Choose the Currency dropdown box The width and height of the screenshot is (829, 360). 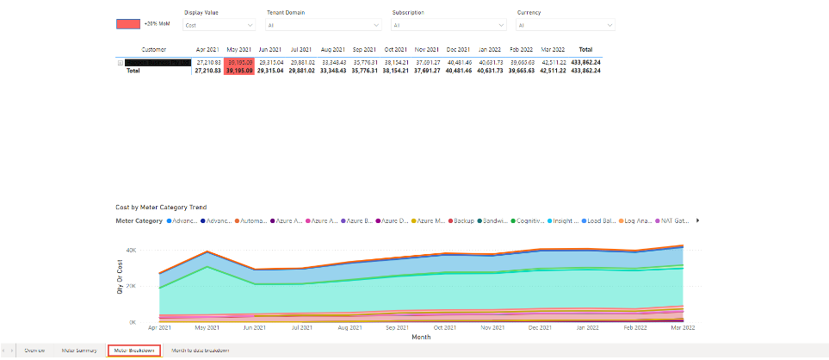(x=565, y=26)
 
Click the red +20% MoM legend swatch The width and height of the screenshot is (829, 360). (x=128, y=24)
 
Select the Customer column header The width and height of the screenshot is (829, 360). (x=154, y=50)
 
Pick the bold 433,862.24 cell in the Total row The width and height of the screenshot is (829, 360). (x=586, y=70)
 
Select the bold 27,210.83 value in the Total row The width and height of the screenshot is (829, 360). (x=209, y=70)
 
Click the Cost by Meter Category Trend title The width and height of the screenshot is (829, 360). (x=161, y=207)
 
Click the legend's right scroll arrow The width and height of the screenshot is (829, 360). (x=697, y=220)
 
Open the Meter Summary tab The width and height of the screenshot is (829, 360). (x=79, y=351)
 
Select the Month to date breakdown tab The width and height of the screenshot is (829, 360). (x=201, y=351)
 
